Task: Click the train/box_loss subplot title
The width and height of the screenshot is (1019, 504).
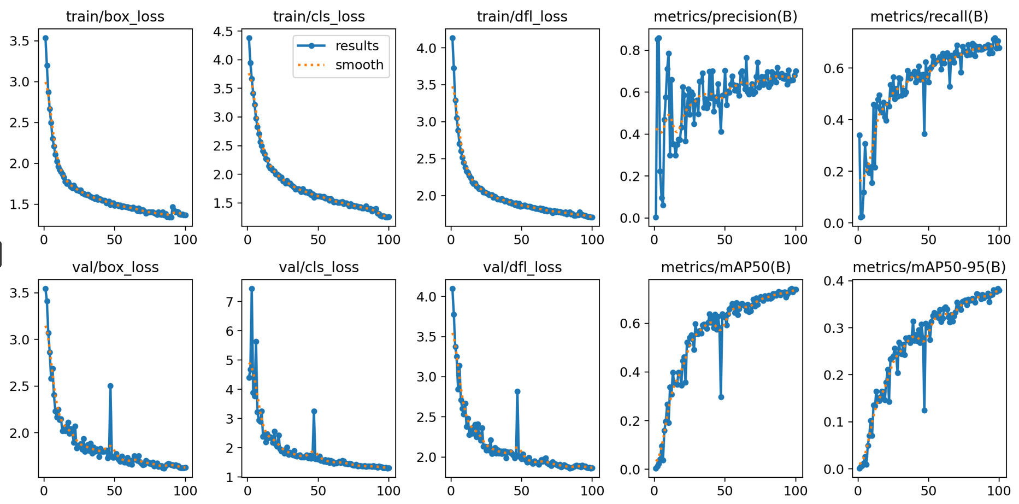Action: point(115,17)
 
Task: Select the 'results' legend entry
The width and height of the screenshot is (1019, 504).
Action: point(357,46)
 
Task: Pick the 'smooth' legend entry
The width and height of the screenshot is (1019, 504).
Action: point(359,65)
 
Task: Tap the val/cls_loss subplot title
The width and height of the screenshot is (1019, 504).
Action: point(319,267)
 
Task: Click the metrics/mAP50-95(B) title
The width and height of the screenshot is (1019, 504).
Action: point(929,267)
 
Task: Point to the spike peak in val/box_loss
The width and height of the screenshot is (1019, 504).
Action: point(110,386)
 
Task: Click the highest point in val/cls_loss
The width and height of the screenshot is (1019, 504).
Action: point(252,289)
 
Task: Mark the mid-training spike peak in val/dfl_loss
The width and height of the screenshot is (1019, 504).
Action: point(517,391)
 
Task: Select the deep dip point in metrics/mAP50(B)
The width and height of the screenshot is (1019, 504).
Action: point(721,397)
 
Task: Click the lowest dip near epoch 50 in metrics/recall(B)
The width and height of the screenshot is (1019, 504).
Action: point(924,134)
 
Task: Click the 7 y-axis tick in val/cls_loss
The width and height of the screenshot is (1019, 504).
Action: point(229,302)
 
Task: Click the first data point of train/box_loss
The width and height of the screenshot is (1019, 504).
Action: point(45,38)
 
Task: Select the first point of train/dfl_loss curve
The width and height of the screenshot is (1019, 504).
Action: point(452,38)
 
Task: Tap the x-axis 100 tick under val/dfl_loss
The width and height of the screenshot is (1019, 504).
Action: point(592,491)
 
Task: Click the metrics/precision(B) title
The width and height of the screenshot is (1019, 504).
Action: point(726,17)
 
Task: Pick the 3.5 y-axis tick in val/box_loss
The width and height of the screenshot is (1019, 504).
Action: point(20,293)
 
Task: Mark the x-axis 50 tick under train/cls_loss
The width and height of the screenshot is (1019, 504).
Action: point(318,239)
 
